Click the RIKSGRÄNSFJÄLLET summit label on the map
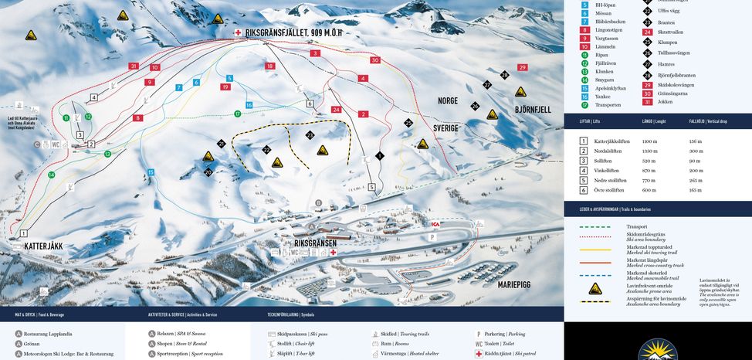(293, 33)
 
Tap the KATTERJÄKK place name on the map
(43, 246)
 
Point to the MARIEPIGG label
(513, 285)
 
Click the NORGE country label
(448, 101)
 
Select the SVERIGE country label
(445, 127)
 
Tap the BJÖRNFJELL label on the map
(533, 110)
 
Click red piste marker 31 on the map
(134, 66)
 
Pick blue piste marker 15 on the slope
(151, 172)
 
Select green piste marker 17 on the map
(238, 114)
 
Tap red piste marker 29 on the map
(523, 68)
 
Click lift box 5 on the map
(371, 187)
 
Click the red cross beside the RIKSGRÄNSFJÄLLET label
(238, 33)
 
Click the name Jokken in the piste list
(665, 102)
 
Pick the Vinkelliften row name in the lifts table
(607, 170)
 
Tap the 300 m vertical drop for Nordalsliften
(696, 151)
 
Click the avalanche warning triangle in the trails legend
(595, 288)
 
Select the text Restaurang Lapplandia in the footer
(48, 334)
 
